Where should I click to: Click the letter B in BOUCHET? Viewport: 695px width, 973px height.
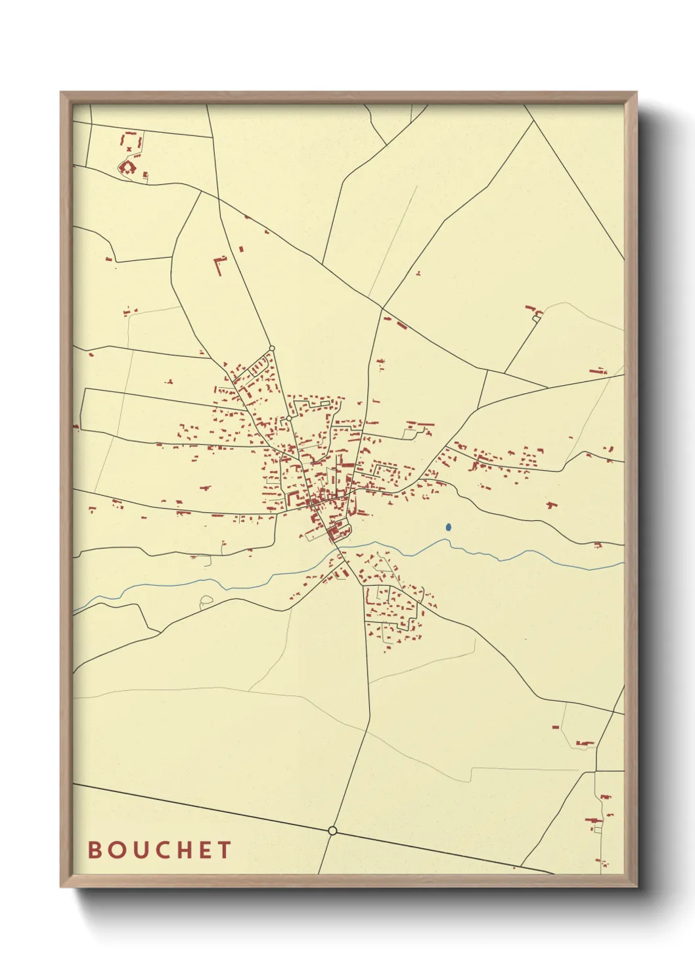(x=95, y=850)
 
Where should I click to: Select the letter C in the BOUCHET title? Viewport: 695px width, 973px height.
(x=160, y=850)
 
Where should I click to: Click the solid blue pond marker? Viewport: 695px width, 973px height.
(x=449, y=527)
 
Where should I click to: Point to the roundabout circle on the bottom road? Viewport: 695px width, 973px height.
(x=332, y=831)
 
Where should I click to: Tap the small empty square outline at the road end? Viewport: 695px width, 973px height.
(x=536, y=319)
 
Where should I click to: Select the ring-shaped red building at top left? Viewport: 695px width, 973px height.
(x=127, y=168)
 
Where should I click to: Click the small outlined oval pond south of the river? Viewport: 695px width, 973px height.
(x=206, y=600)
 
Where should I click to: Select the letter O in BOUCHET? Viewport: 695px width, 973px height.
(x=116, y=850)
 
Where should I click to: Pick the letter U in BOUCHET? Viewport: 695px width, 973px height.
(x=138, y=850)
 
